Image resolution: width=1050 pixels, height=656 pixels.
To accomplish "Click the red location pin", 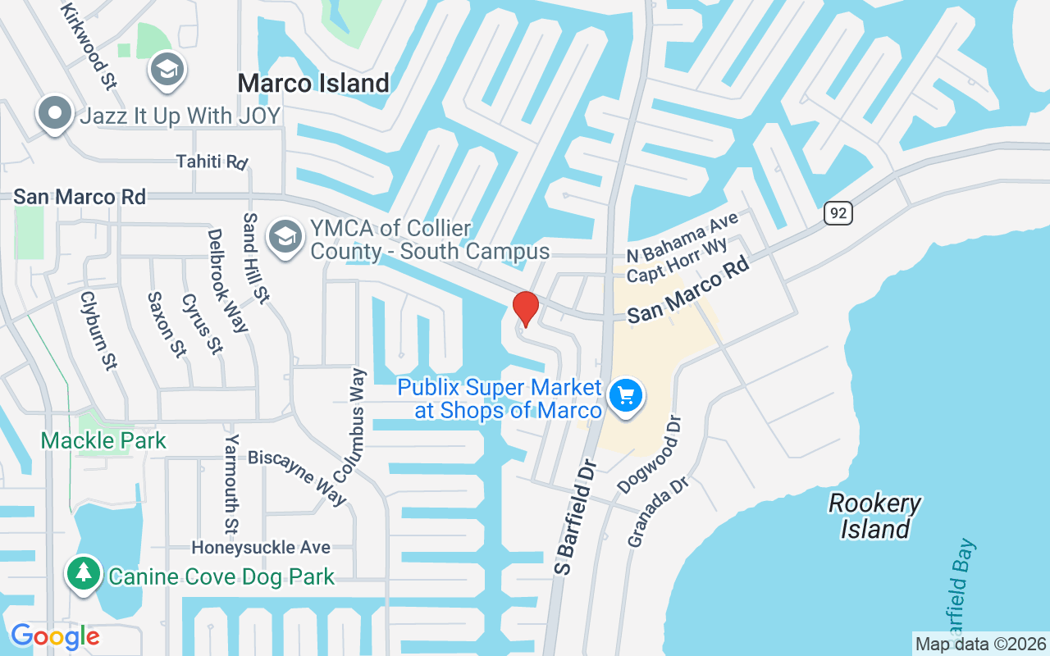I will tap(526, 309).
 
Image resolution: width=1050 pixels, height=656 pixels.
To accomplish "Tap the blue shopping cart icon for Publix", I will tap(626, 396).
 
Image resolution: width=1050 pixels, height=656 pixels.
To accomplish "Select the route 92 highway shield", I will tap(838, 213).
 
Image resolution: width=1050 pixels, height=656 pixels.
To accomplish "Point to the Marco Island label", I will tap(313, 83).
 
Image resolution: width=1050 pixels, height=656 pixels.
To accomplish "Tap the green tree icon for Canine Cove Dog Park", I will tap(83, 573).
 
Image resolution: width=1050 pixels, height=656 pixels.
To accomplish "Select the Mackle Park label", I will tap(103, 440).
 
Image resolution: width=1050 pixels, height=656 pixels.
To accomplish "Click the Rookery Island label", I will tap(874, 516).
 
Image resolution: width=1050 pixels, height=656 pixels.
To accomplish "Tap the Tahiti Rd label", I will tap(212, 162).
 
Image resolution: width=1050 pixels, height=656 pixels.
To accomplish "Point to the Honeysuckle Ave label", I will tap(261, 547).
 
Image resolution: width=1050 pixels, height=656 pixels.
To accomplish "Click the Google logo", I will tap(55, 636).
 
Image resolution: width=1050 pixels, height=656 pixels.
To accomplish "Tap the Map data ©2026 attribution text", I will tap(980, 644).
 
